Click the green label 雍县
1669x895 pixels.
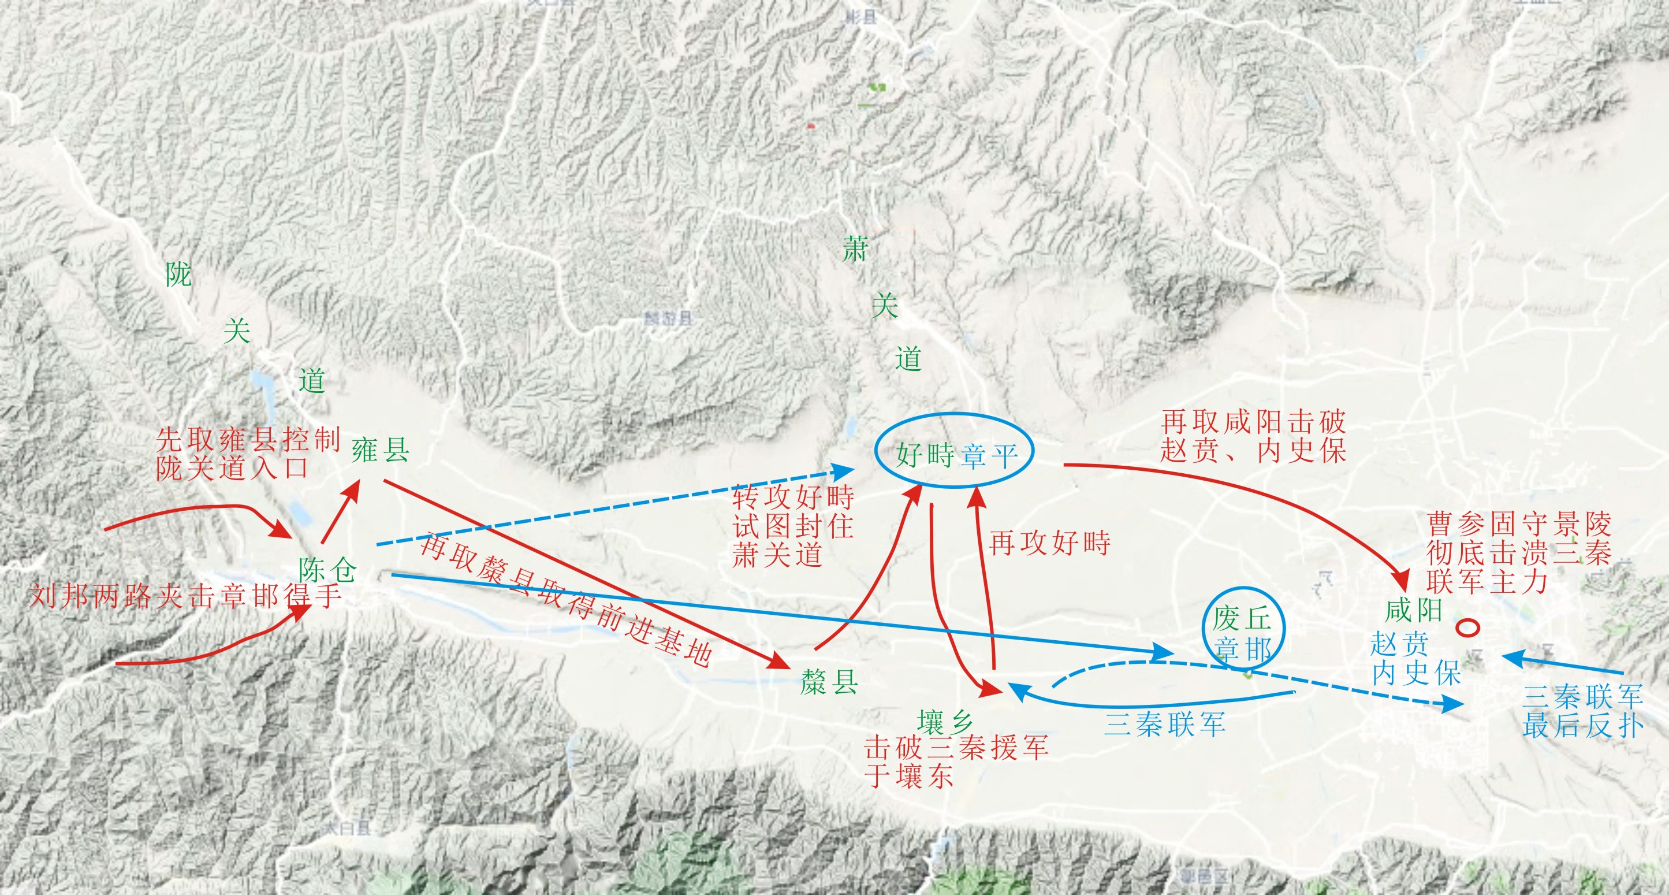[x=381, y=450]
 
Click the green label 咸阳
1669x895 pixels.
[x=1413, y=610]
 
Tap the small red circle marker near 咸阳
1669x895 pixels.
[x=1467, y=627]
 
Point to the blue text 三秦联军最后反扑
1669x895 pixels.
[x=1583, y=711]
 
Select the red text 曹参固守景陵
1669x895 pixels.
[x=1519, y=523]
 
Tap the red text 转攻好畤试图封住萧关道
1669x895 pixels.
[x=793, y=526]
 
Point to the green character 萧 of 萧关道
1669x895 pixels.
[x=855, y=250]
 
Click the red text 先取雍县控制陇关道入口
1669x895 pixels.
[x=248, y=454]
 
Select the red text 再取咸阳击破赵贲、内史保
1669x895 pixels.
[x=1253, y=436]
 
